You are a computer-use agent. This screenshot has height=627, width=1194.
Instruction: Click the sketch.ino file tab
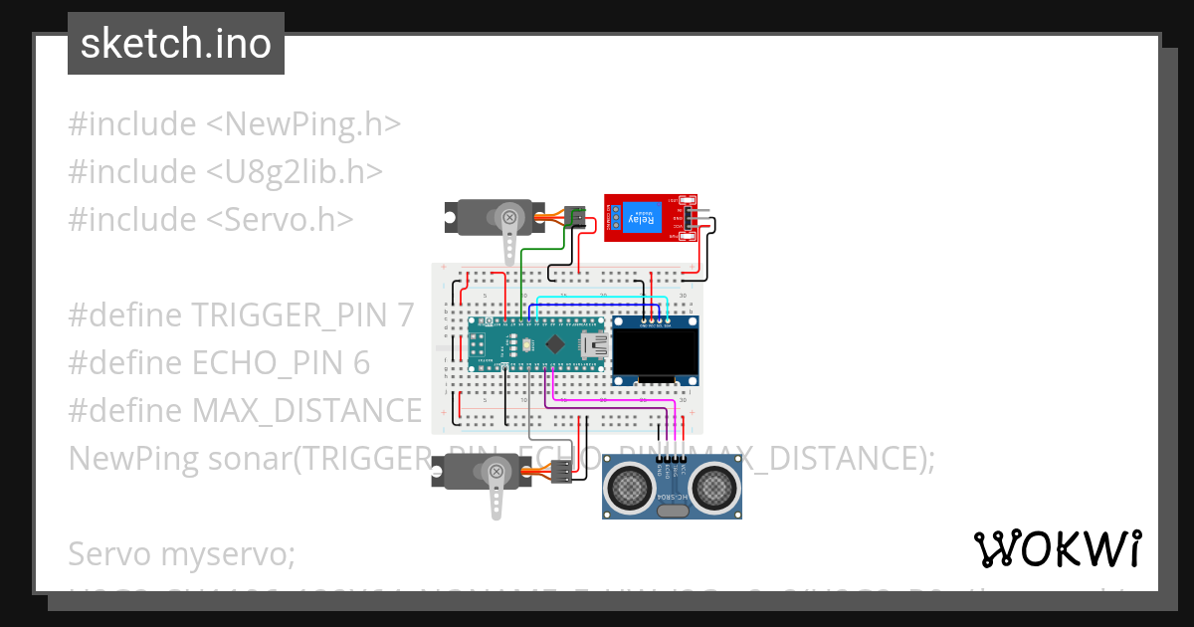tap(176, 44)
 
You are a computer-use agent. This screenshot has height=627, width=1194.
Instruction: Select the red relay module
tap(650, 218)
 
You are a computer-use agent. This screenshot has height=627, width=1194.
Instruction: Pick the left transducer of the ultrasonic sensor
tap(629, 487)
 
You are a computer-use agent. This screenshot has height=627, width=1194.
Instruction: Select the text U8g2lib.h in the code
tap(295, 172)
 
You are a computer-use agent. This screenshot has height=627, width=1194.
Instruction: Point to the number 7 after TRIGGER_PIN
tap(404, 315)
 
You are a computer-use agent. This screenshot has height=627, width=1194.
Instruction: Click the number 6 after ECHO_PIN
tap(362, 363)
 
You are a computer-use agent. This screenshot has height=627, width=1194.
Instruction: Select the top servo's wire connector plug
tap(574, 217)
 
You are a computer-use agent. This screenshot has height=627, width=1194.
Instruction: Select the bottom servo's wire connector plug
tap(562, 472)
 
